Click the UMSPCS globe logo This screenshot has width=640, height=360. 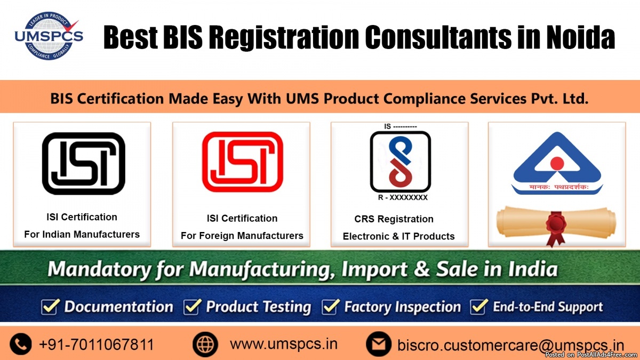(x=49, y=36)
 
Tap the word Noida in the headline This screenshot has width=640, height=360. (x=581, y=37)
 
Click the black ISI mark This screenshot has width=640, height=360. (x=83, y=163)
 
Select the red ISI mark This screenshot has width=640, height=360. (x=243, y=162)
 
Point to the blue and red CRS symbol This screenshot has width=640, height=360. (x=401, y=162)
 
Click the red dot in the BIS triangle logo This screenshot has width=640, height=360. (x=557, y=163)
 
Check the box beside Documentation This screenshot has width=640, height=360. (x=50, y=307)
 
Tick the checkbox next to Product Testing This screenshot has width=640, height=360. (x=193, y=307)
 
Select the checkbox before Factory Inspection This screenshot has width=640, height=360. (x=331, y=307)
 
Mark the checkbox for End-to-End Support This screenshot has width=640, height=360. (x=479, y=307)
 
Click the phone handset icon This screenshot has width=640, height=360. (x=21, y=344)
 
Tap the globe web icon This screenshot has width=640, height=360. (x=205, y=344)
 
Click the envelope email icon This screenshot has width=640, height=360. (x=379, y=344)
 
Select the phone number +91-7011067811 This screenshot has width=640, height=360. (x=97, y=345)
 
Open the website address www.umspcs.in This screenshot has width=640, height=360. (x=284, y=344)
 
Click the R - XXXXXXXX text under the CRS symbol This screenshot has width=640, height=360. (x=403, y=197)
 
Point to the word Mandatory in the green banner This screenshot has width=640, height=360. (x=99, y=269)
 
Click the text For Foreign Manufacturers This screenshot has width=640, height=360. (x=242, y=236)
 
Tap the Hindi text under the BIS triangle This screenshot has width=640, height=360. (x=558, y=187)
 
